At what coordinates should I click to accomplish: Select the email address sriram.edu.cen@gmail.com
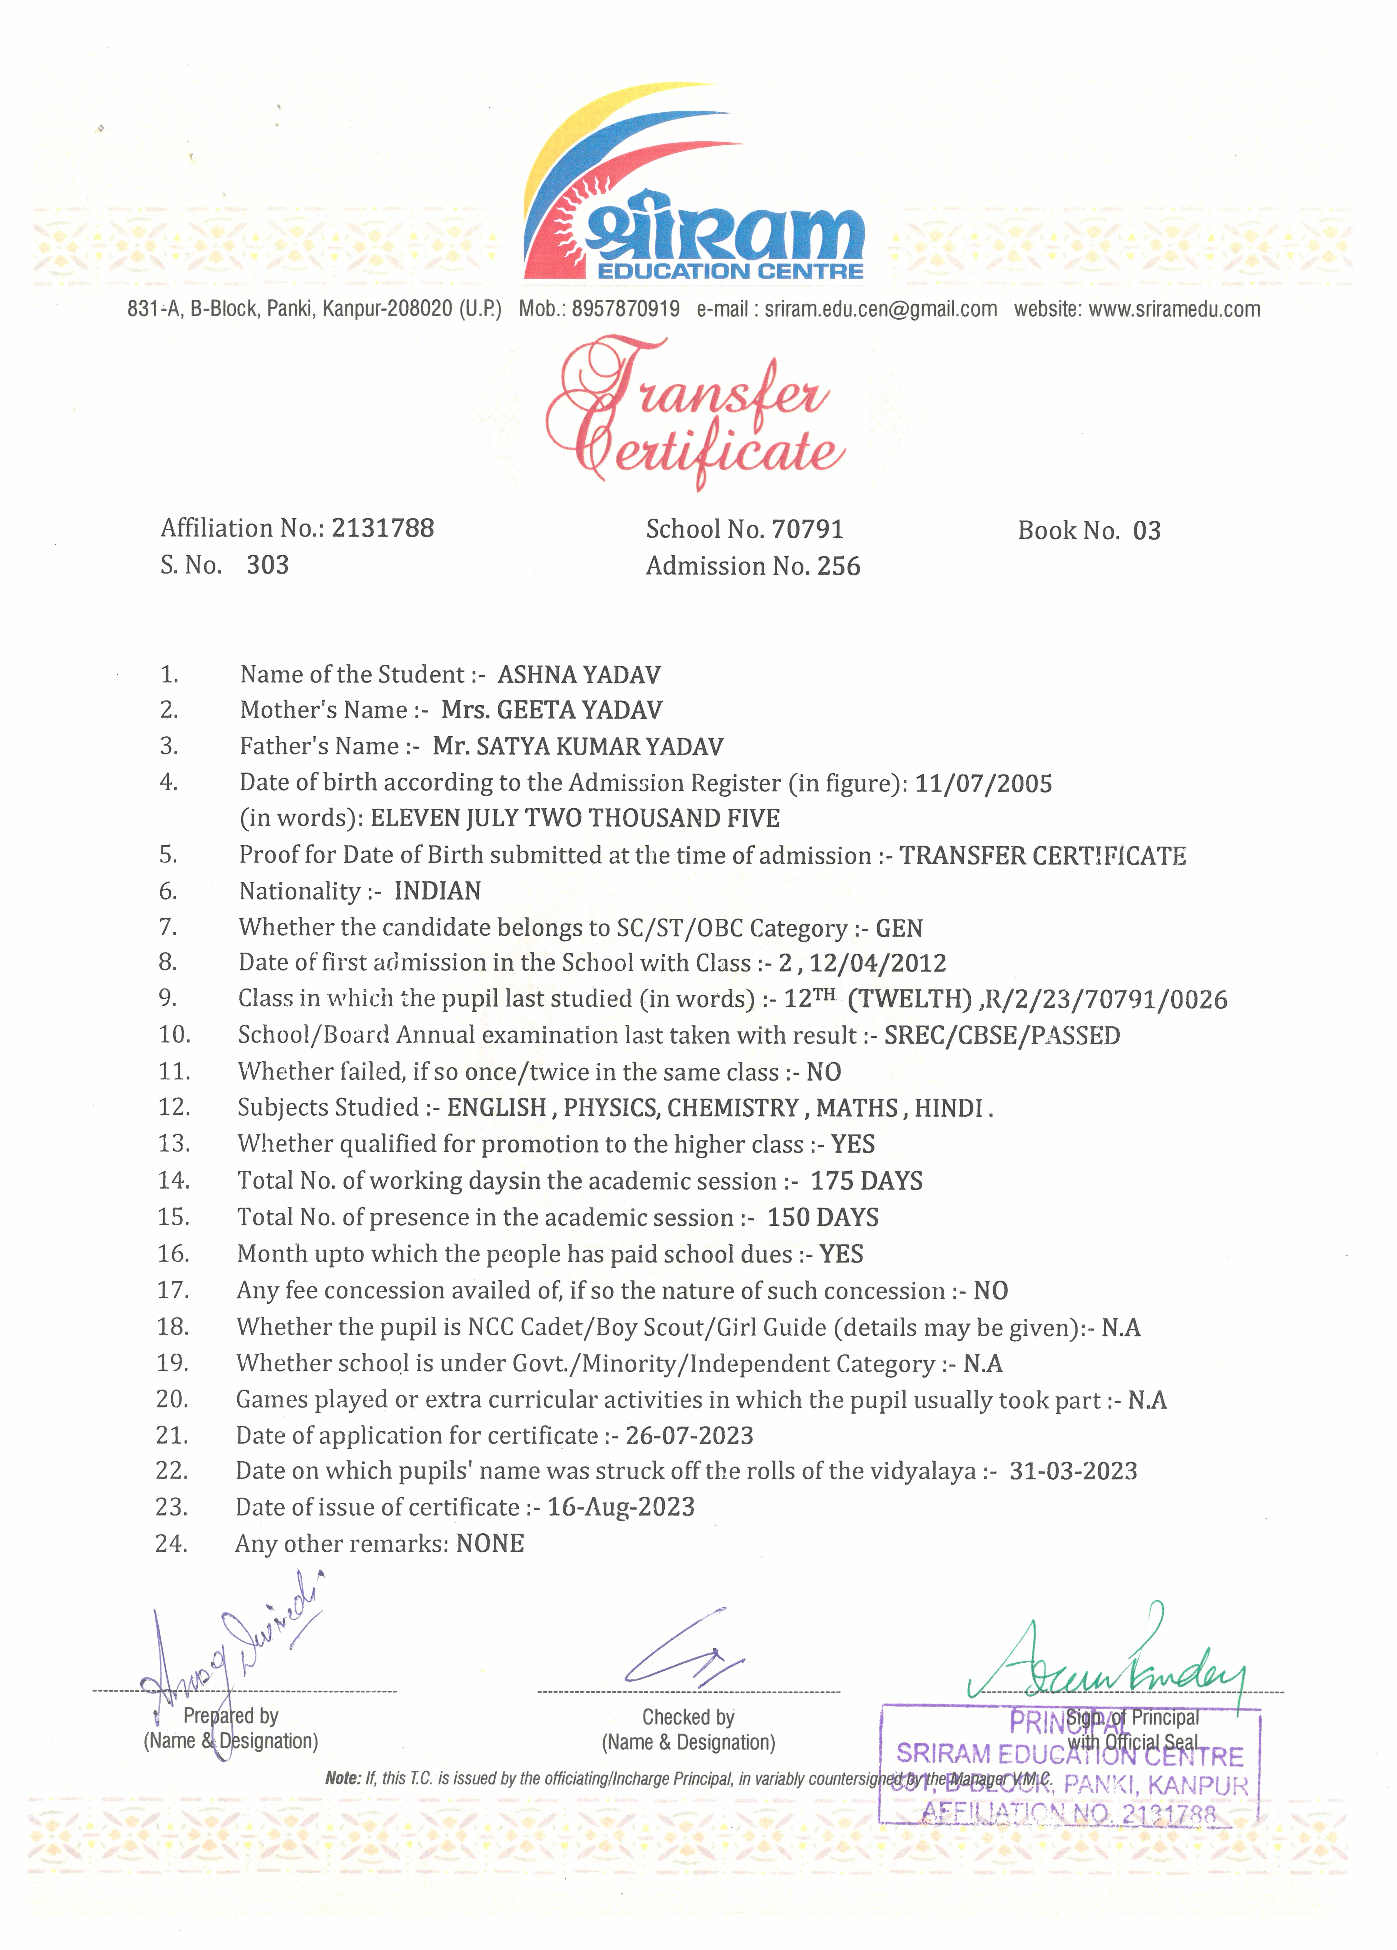click(880, 309)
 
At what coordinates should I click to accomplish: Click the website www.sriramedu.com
click(1174, 309)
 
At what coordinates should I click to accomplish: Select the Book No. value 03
click(1147, 530)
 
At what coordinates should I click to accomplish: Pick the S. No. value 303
click(267, 565)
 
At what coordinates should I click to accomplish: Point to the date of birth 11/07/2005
click(983, 783)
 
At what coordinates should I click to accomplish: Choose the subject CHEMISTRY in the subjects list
click(733, 1107)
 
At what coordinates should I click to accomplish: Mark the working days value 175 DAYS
click(867, 1181)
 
